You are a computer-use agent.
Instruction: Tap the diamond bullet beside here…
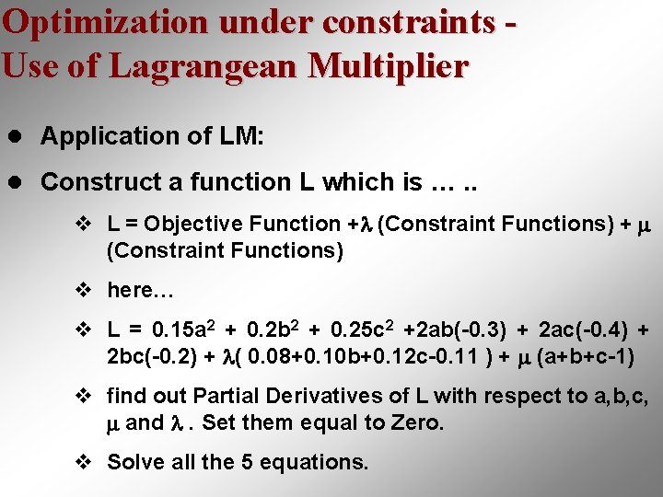tap(82, 291)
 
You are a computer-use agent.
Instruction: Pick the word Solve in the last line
tap(134, 462)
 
